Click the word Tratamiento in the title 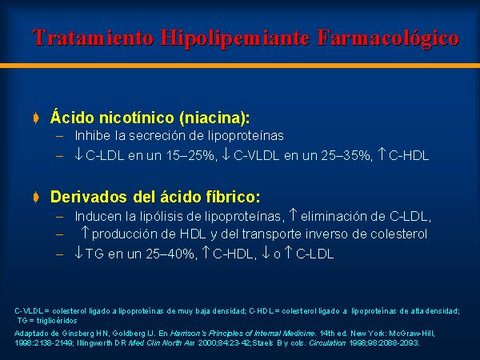(x=93, y=38)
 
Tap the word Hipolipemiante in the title (x=234, y=38)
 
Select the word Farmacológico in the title (x=388, y=38)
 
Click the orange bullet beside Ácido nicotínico (x=36, y=118)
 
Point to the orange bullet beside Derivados (x=36, y=197)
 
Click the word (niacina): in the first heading (x=214, y=118)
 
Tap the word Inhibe (x=93, y=136)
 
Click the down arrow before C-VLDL (x=226, y=154)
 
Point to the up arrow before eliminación (x=294, y=214)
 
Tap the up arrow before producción (x=85, y=232)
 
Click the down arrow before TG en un (x=78, y=253)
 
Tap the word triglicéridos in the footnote (x=57, y=321)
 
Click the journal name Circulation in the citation (x=327, y=343)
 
